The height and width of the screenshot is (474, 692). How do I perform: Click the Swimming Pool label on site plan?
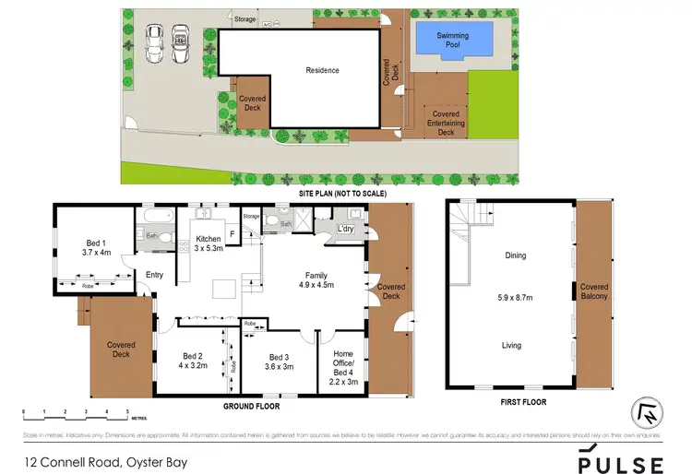[x=452, y=40]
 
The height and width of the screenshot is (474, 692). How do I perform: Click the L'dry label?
[x=346, y=229]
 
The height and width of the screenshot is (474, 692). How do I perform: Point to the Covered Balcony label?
[x=593, y=291]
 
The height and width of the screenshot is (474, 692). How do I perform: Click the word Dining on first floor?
[x=514, y=256]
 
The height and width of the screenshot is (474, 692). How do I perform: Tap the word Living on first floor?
[x=511, y=346]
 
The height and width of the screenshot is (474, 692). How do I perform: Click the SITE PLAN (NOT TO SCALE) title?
[x=342, y=195]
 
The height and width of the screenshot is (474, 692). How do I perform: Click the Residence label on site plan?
[x=323, y=70]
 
